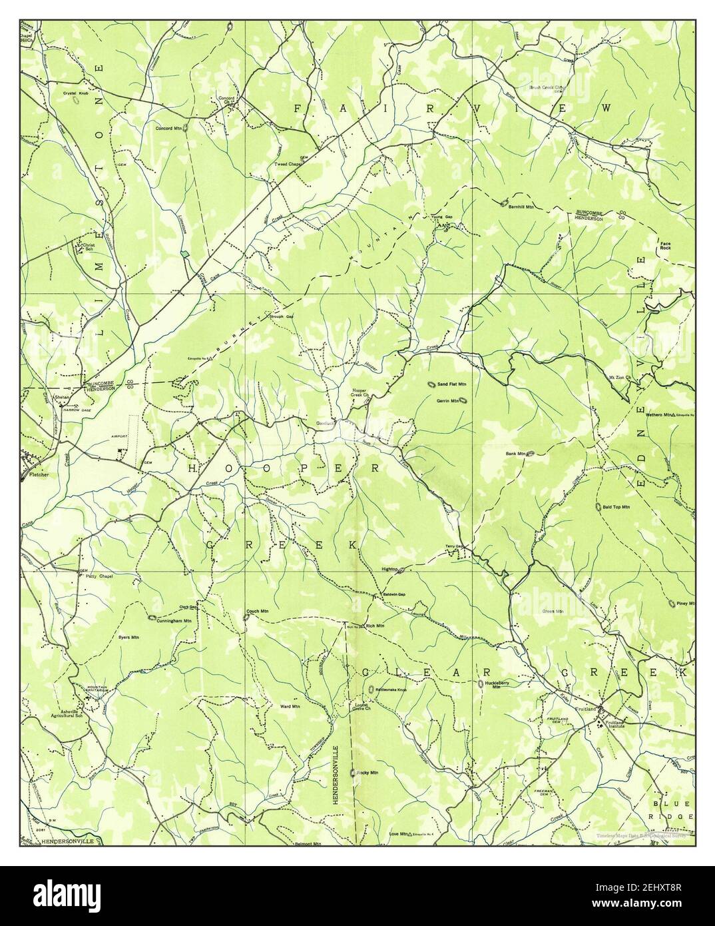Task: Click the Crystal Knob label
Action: tap(75, 93)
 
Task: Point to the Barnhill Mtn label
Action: tap(522, 207)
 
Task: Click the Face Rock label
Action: tap(668, 246)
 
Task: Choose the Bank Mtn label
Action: tap(515, 454)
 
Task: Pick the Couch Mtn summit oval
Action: tap(247, 617)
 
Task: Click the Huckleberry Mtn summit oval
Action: tap(481, 684)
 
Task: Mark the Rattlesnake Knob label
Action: tap(391, 690)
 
